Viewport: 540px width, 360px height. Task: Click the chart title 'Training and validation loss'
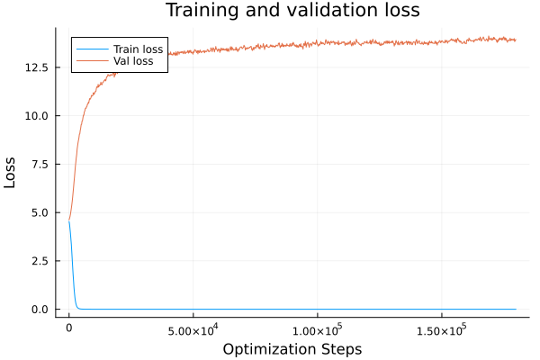(292, 11)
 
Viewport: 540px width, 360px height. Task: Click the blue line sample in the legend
(90, 49)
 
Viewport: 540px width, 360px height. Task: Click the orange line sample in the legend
(90, 61)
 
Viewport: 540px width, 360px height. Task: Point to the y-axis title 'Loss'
(11, 172)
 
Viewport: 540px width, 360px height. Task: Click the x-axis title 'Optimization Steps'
(292, 348)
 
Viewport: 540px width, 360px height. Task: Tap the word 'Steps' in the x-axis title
(340, 348)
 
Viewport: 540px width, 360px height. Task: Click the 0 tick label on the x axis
(69, 329)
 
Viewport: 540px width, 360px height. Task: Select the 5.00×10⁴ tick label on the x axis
(193, 329)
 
